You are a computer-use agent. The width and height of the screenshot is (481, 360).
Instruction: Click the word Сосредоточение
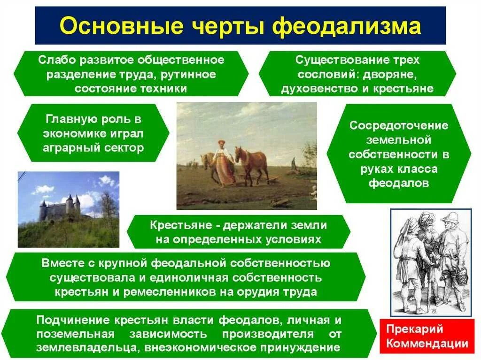(398, 125)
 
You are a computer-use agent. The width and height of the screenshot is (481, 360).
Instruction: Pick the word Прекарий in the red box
(414, 329)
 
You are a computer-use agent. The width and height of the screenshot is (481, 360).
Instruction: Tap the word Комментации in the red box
(427, 344)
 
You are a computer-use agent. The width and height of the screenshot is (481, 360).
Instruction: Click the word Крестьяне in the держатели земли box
(181, 225)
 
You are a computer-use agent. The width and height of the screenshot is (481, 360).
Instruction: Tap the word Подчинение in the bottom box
(73, 321)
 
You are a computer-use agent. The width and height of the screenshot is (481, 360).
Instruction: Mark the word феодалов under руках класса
(399, 183)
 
